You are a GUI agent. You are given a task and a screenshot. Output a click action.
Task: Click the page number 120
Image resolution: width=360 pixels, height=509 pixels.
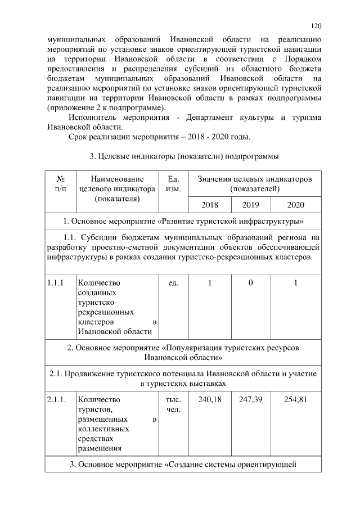(x=316, y=25)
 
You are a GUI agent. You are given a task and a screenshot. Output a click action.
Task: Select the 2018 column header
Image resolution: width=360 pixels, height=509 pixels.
(x=209, y=205)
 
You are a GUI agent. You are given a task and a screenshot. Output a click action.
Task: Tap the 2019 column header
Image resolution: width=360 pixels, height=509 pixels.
(x=251, y=205)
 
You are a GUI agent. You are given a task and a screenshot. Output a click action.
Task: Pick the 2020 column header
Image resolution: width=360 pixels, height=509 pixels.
(x=295, y=205)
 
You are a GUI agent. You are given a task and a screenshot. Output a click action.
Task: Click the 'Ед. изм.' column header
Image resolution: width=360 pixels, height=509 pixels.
(x=173, y=184)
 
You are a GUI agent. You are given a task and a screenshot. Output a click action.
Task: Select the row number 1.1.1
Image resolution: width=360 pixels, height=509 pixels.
(x=58, y=283)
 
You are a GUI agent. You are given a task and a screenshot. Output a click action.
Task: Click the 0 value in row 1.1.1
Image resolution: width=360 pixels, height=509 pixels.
(x=251, y=283)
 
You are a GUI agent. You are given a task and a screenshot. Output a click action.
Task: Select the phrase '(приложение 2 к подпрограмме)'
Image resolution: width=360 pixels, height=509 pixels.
(x=106, y=107)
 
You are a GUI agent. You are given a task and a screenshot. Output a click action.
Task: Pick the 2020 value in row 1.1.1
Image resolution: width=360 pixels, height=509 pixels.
(x=295, y=283)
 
